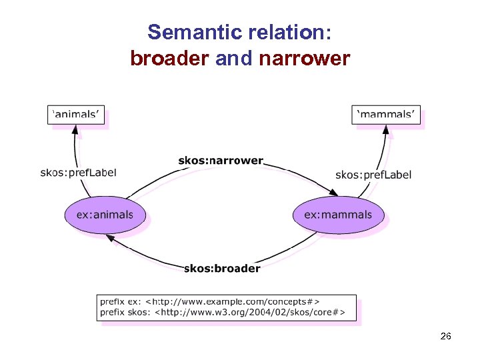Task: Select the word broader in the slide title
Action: tap(170, 59)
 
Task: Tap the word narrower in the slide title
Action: tap(302, 59)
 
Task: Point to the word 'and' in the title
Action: tap(233, 59)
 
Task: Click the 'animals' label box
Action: tap(77, 114)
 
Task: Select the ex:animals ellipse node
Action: tap(105, 215)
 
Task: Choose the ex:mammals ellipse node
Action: tap(338, 215)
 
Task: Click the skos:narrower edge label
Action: tap(221, 161)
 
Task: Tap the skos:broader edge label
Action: tap(222, 269)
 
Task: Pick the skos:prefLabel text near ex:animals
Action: tap(78, 173)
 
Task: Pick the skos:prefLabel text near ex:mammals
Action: tap(373, 175)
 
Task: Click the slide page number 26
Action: tap(446, 337)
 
